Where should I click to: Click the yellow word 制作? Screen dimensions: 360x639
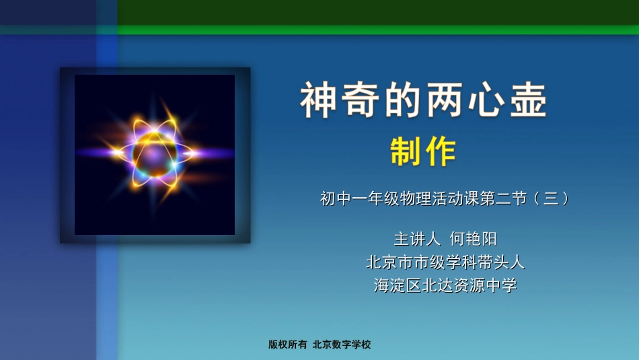(423, 152)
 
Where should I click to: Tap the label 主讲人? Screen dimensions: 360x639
(416, 238)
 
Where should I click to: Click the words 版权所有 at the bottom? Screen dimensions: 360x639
(287, 345)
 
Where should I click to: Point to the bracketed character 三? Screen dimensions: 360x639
(552, 199)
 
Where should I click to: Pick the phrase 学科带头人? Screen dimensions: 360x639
(484, 261)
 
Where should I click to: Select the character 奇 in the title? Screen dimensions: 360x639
(359, 102)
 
